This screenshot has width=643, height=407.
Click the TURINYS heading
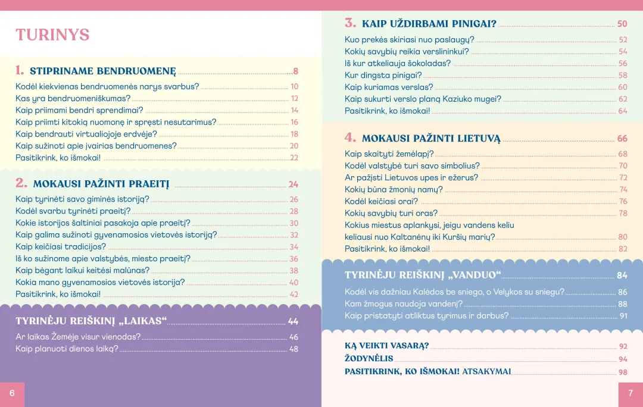(x=52, y=35)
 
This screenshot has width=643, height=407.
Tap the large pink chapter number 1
(x=20, y=70)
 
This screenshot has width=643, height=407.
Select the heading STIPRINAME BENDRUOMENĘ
(x=103, y=71)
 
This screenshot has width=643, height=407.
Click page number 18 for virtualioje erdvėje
(x=294, y=134)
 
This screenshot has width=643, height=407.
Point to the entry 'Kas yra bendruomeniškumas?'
(x=73, y=98)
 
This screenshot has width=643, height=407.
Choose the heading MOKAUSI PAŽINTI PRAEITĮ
(x=101, y=184)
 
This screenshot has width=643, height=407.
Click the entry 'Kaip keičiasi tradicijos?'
(x=61, y=247)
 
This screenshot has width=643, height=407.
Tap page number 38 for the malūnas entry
(x=294, y=271)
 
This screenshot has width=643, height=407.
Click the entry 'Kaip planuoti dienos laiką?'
(x=67, y=349)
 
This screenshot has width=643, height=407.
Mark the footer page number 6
(x=12, y=394)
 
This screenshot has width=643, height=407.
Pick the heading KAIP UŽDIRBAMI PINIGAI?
(x=429, y=24)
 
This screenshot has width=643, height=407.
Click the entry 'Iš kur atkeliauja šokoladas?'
(x=398, y=64)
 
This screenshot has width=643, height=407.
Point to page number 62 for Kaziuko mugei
(x=623, y=99)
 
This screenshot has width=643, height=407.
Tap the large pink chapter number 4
(x=350, y=137)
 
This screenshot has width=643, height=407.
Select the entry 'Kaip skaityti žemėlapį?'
(x=389, y=154)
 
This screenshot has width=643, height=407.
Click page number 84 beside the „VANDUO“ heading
(x=622, y=275)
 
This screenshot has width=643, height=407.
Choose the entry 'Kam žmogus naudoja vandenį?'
(x=404, y=304)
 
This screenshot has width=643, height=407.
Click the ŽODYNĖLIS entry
(x=369, y=359)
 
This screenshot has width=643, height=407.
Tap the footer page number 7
(x=630, y=394)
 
